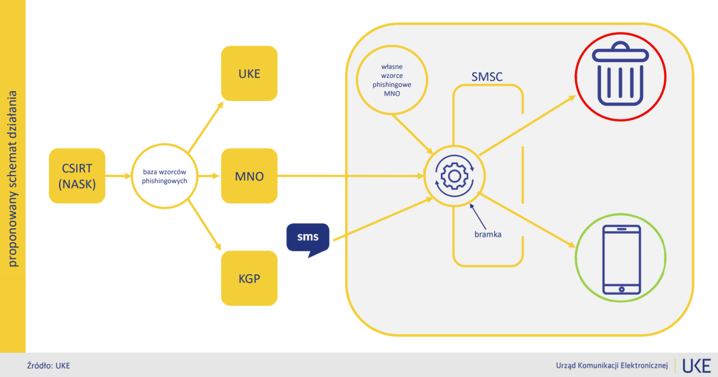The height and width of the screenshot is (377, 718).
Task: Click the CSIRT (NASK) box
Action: click(x=77, y=176)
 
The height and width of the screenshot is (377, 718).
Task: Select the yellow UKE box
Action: click(x=249, y=73)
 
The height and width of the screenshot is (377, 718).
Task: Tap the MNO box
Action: click(x=249, y=176)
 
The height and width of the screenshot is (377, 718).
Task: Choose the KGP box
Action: click(x=249, y=278)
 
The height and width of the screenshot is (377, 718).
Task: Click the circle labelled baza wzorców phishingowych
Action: click(x=164, y=176)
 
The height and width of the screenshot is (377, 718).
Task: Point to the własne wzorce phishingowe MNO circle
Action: click(x=392, y=80)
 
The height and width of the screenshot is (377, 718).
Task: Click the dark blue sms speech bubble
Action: click(x=308, y=240)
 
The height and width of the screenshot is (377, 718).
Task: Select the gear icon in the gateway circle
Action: click(x=455, y=176)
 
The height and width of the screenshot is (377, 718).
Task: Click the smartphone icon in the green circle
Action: click(x=621, y=260)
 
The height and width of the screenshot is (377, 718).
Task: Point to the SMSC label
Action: click(x=487, y=77)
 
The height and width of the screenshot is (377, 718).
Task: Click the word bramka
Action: click(x=487, y=234)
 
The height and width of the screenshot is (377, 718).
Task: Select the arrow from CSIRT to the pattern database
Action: click(x=118, y=176)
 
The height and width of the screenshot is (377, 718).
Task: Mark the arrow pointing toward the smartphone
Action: click(x=527, y=220)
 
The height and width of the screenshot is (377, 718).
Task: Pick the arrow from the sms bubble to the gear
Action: click(x=383, y=219)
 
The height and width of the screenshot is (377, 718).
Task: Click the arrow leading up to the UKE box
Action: click(x=206, y=126)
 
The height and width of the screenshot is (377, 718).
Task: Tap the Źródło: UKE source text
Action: click(x=49, y=365)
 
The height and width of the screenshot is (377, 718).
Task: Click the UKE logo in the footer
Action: click(x=697, y=365)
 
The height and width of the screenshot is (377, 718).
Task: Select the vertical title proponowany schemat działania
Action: click(x=12, y=179)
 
